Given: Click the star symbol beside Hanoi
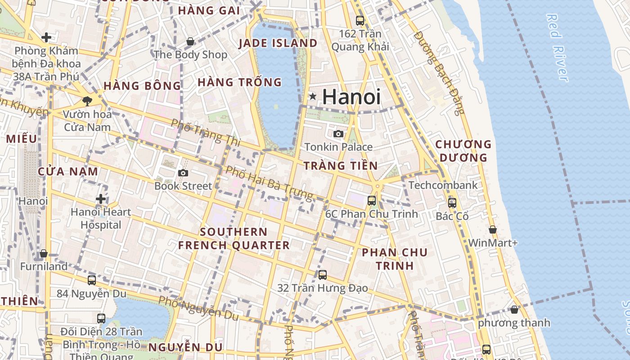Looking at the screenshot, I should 313,96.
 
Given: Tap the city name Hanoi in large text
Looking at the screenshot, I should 351,97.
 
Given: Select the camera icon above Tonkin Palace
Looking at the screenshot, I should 338,134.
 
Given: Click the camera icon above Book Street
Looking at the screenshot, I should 183,173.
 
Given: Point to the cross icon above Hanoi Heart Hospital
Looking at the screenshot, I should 101,198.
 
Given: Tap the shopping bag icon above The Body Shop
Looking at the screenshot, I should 190,41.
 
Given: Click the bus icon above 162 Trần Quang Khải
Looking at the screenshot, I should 360,20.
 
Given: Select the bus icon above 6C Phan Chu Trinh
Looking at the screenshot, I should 372,201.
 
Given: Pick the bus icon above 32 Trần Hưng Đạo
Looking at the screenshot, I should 322,274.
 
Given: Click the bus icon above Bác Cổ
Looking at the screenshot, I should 452,203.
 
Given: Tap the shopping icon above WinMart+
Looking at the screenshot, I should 493,229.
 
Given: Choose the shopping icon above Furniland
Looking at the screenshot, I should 44,253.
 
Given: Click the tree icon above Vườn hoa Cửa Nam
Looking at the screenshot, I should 87,101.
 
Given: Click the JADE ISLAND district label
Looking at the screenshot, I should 278,43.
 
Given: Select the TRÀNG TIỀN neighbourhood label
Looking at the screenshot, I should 341,166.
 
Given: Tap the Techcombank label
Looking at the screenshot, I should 443,185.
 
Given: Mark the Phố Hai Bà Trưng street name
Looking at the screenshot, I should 269,183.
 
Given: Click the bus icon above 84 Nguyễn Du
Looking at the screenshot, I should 92,280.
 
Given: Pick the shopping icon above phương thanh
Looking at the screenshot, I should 514,310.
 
